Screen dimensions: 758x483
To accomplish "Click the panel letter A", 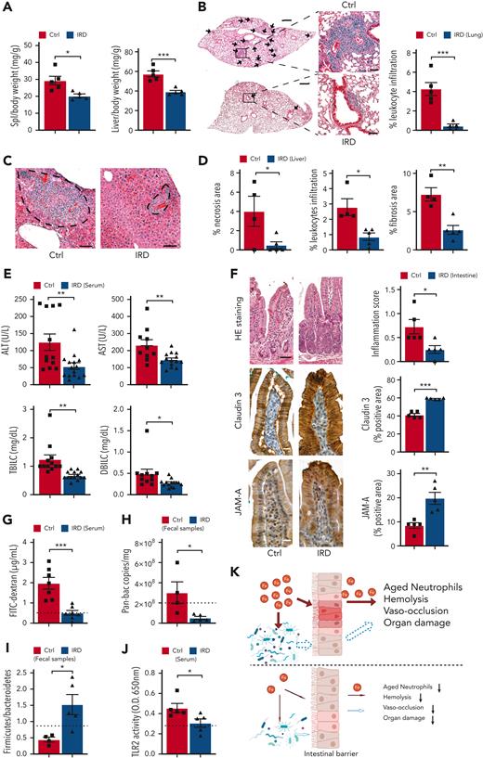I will click(7, 7).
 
